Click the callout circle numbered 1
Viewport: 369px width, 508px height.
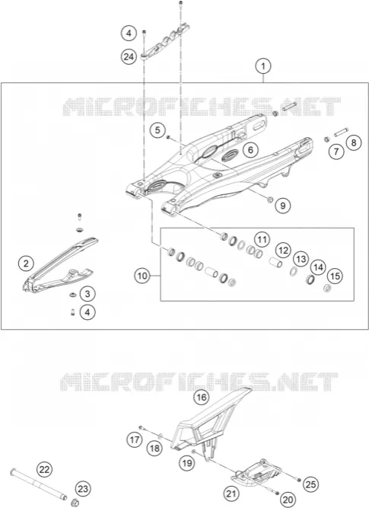tap(263, 66)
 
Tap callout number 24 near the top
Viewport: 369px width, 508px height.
tap(129, 57)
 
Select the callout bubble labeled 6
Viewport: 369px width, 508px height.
tap(250, 150)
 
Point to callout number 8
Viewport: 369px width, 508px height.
tap(354, 142)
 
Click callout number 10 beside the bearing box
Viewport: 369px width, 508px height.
tap(142, 276)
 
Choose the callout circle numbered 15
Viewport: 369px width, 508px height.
tap(335, 276)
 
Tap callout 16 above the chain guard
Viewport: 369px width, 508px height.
tap(202, 397)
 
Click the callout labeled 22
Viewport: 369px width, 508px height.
tap(44, 469)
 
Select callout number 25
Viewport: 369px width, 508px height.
tap(310, 484)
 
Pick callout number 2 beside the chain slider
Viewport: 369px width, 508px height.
tap(26, 264)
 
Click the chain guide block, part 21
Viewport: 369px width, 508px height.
tap(256, 475)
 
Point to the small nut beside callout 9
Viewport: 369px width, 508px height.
tap(270, 200)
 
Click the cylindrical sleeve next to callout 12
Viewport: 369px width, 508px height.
tap(275, 262)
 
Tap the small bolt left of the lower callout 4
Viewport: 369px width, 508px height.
tap(72, 312)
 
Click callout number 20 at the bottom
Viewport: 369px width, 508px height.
tap(288, 500)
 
